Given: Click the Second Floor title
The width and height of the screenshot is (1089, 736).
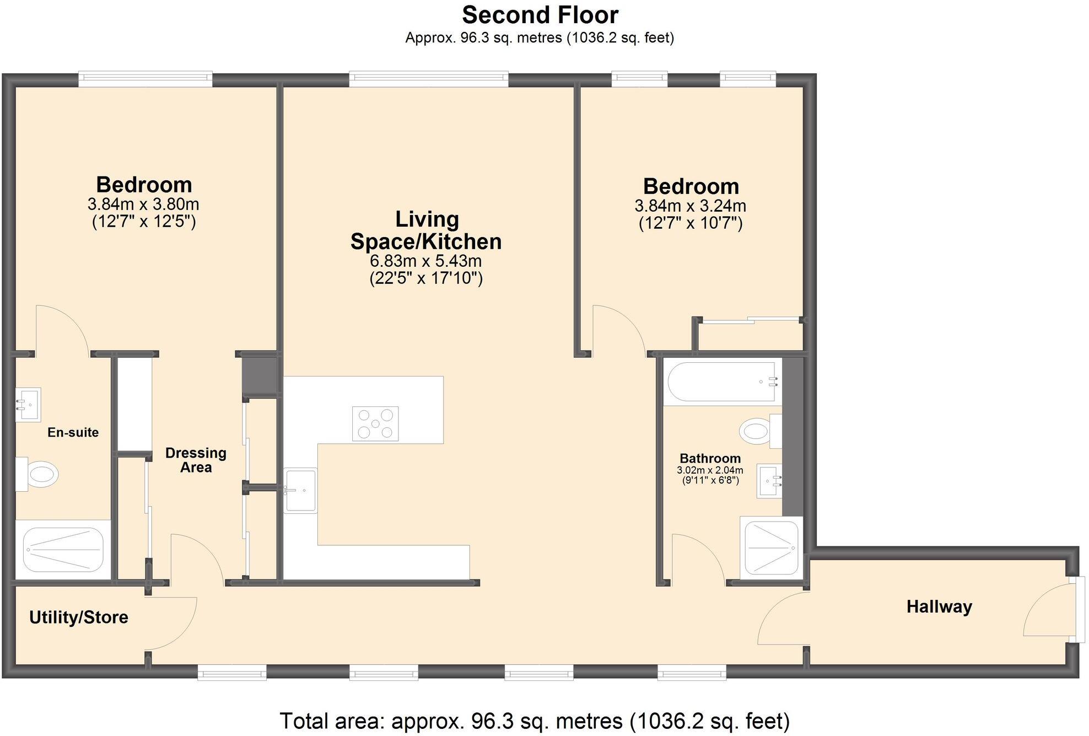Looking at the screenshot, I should click(540, 15).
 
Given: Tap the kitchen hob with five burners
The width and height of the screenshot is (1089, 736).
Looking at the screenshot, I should click(375, 423).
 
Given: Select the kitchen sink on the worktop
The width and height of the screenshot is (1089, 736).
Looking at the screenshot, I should click(301, 490).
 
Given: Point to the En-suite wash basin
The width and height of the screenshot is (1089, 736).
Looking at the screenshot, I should click(28, 405).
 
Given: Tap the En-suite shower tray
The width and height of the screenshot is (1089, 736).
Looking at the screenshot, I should click(63, 550).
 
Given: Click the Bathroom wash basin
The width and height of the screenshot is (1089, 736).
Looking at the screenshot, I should click(769, 481).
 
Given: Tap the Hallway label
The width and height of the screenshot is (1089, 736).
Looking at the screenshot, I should click(939, 607).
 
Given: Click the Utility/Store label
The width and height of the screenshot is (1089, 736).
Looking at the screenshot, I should click(79, 617).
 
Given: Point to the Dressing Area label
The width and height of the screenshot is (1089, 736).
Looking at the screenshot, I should click(196, 460).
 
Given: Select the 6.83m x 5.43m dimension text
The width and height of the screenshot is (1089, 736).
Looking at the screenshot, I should click(426, 261).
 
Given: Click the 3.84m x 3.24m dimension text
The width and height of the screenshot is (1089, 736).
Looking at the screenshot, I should click(691, 206).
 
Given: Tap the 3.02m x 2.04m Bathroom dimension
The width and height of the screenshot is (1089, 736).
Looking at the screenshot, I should click(710, 470).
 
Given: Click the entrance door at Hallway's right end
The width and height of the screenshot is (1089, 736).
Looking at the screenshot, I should click(1076, 609).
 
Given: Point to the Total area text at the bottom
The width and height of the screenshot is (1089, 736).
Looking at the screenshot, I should click(535, 721).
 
